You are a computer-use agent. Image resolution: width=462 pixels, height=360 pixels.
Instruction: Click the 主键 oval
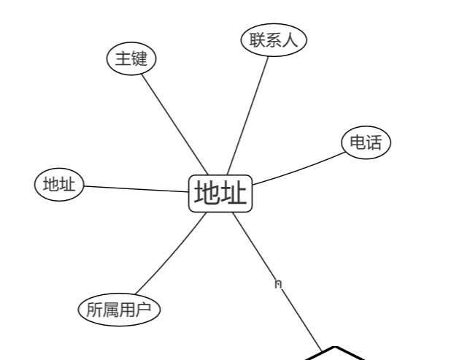click(x=131, y=58)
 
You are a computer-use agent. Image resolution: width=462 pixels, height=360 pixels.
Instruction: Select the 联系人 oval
click(x=274, y=39)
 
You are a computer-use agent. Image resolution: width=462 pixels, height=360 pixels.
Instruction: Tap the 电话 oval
click(x=366, y=142)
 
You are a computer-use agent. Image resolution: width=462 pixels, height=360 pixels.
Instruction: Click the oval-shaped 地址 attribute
click(x=59, y=185)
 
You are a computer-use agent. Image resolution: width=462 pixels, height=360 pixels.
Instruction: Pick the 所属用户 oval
click(x=118, y=310)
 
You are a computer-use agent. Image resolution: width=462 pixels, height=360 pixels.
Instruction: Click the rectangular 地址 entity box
click(x=220, y=194)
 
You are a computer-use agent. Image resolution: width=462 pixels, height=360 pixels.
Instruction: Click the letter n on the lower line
click(x=277, y=283)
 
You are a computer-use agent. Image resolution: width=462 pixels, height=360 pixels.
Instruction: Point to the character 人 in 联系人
click(x=290, y=40)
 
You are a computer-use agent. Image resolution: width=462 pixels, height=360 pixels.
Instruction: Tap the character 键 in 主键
click(x=139, y=58)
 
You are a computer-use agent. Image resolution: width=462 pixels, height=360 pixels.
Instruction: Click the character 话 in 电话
click(x=374, y=142)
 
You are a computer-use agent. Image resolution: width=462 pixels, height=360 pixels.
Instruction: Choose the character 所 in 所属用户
click(x=94, y=310)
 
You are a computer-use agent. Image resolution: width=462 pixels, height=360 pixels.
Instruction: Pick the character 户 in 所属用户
click(x=143, y=310)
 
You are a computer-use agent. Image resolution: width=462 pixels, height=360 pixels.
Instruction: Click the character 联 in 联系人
click(x=257, y=40)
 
